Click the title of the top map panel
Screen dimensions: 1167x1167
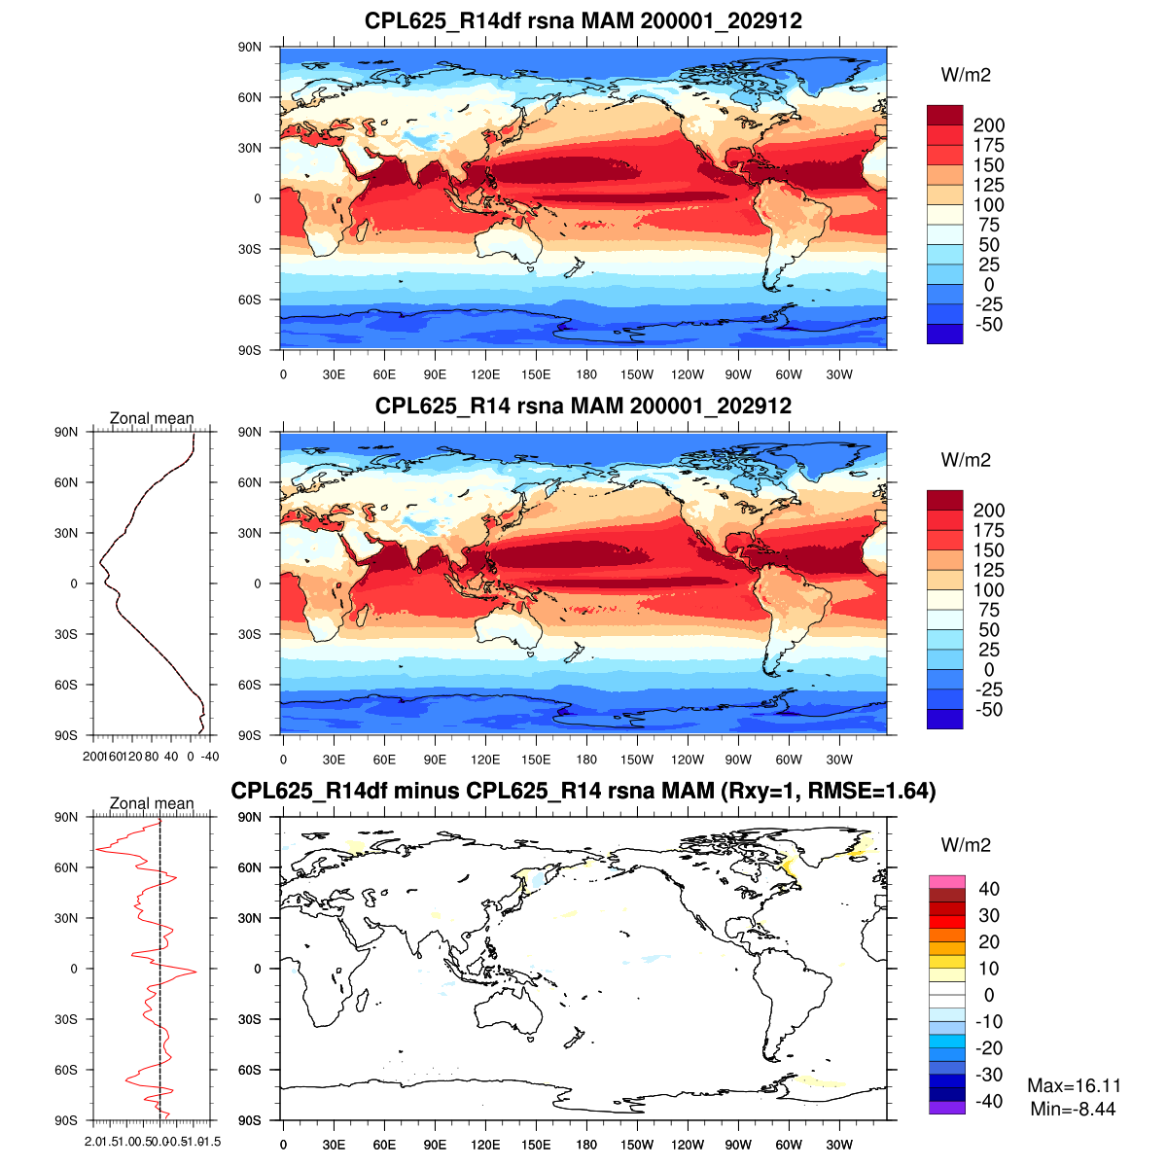583,20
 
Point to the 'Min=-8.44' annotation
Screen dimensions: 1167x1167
1073,1109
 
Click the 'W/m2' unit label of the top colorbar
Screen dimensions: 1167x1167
966,75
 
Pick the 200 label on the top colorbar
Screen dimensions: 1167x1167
989,125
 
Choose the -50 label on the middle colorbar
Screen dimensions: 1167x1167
988,710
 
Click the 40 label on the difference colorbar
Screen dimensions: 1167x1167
989,889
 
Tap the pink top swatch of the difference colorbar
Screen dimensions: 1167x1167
945,882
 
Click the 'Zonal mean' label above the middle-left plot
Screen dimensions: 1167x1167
152,418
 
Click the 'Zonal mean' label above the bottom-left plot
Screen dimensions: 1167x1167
152,803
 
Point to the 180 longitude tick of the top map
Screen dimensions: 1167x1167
586,374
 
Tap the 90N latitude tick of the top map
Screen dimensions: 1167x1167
250,47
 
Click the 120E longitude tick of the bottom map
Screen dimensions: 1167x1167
485,1145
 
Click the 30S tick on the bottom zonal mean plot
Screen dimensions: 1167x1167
66,1019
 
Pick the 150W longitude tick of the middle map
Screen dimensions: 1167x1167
637,760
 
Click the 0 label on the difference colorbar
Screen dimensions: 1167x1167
989,995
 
